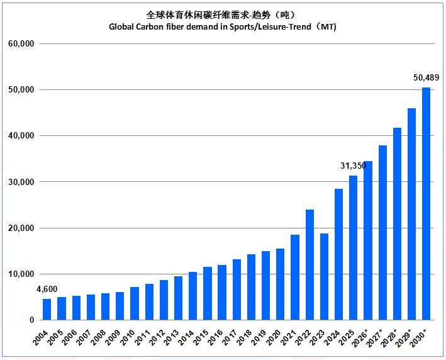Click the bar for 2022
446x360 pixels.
[x=309, y=265]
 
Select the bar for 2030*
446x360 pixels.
[x=426, y=204]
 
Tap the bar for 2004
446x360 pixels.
[x=47, y=310]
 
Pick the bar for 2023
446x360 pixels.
[x=324, y=277]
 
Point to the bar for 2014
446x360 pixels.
[x=193, y=296]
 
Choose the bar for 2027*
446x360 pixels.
[x=383, y=233]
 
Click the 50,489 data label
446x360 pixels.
[x=426, y=77]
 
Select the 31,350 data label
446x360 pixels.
[x=353, y=166]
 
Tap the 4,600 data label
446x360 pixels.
[x=47, y=289]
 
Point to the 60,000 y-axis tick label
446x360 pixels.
[x=21, y=44]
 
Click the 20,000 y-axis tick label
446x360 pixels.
[x=21, y=228]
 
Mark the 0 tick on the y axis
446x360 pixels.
[x=32, y=320]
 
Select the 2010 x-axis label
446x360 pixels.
[x=128, y=338]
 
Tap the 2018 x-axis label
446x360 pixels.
[x=244, y=338]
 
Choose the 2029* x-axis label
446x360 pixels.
[x=404, y=339]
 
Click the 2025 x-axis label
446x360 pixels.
[x=347, y=338]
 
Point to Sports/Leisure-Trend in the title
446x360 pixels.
[x=270, y=27]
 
